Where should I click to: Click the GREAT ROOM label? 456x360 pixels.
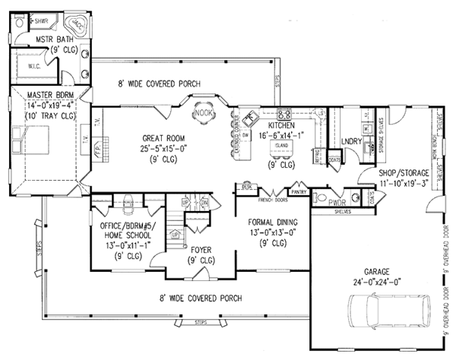pos(164,138)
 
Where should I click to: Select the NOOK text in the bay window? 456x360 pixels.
pos(203,112)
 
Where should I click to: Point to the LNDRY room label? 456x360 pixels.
pos(350,141)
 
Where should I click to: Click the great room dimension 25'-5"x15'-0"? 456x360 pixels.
pos(164,149)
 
